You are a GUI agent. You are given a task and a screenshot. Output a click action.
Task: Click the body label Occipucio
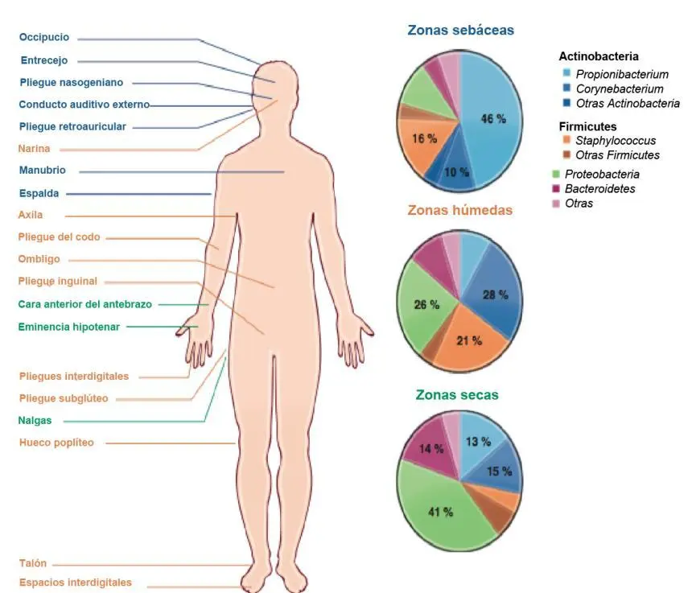[44, 37]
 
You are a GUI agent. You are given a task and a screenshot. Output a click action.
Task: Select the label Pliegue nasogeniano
[72, 83]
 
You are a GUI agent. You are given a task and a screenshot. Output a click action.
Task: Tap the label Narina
[34, 149]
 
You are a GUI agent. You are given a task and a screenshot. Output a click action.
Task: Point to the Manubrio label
[43, 171]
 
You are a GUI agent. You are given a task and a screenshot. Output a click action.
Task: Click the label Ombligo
[39, 259]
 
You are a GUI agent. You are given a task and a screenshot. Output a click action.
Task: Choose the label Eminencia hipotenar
[69, 327]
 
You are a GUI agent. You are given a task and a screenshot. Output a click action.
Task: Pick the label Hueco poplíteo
[56, 443]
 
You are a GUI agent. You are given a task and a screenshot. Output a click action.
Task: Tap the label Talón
[33, 563]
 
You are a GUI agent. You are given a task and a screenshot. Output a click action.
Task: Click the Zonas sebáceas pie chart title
[461, 30]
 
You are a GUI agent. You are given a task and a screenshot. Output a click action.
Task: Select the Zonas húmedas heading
[460, 210]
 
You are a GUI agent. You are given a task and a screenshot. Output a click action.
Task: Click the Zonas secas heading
[457, 394]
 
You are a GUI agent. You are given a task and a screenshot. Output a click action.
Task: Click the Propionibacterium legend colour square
[566, 72]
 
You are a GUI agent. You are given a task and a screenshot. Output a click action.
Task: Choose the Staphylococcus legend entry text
[616, 141]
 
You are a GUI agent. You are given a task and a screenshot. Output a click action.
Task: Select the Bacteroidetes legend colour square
[556, 189]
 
